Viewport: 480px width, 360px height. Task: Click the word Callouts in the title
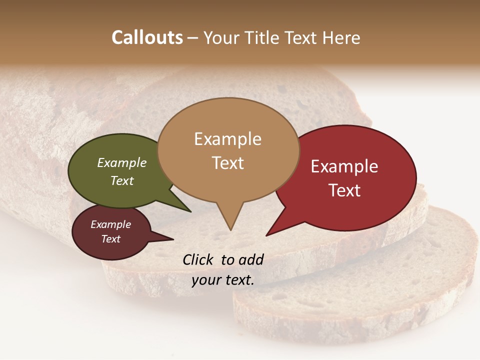[x=147, y=37]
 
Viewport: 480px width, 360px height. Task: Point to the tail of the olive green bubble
[x=180, y=202]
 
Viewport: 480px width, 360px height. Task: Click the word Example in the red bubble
[x=344, y=166]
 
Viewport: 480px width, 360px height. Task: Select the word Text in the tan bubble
[x=228, y=163]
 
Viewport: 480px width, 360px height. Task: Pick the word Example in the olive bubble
[x=122, y=162]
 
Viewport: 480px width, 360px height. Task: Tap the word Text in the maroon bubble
[x=110, y=239]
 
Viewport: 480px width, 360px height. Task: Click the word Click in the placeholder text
[x=199, y=259]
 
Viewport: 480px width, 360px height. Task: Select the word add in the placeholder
[x=250, y=259]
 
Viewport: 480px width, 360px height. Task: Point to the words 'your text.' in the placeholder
[x=223, y=280]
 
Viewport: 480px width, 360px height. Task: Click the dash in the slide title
[x=193, y=38]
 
